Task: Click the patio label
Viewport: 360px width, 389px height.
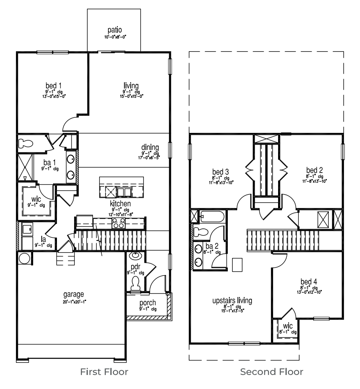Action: (116, 30)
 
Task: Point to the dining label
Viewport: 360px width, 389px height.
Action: (150, 147)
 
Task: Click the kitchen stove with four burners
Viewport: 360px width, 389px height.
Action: (119, 223)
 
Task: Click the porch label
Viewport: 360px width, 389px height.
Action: (147, 303)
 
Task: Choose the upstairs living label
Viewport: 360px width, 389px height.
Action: (232, 301)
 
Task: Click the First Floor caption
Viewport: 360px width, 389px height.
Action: (104, 372)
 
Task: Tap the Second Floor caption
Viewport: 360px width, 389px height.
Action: (271, 372)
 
